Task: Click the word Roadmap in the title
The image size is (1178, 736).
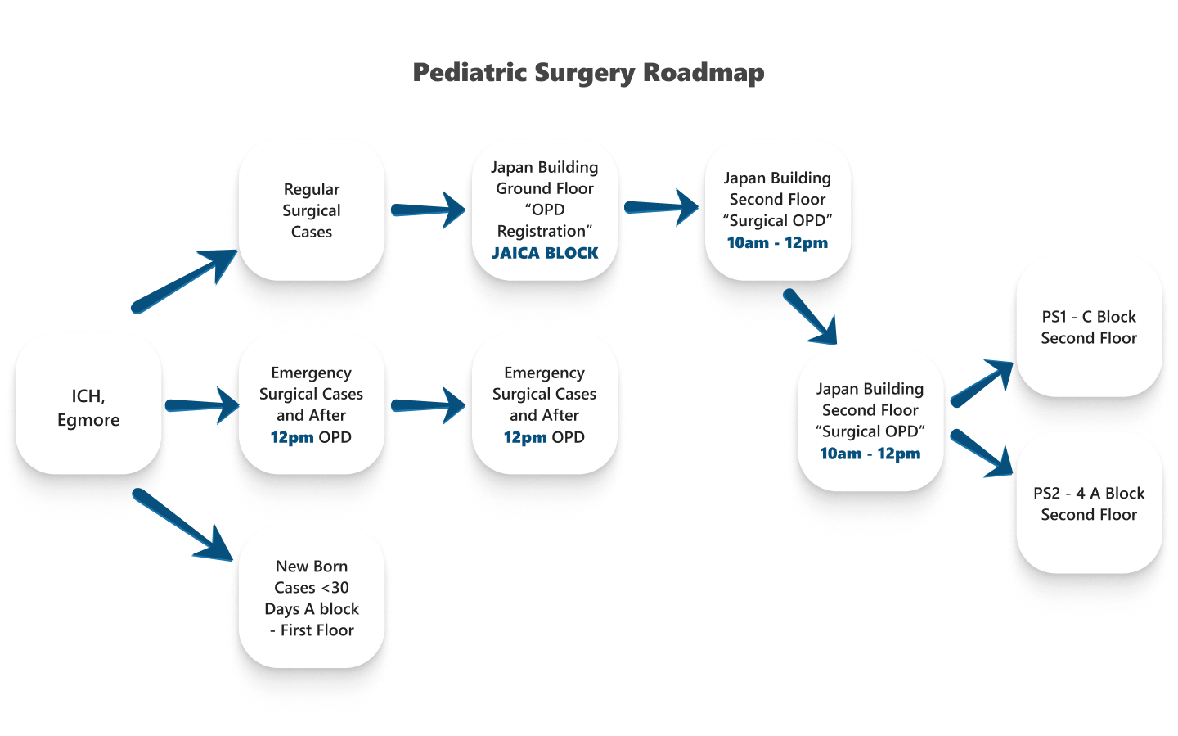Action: point(703,73)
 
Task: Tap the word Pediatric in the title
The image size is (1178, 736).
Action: point(470,73)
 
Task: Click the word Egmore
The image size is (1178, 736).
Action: point(88,420)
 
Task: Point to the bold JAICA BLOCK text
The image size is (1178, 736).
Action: point(545,253)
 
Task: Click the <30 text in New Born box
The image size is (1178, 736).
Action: point(335,588)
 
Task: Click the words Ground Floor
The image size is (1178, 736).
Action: point(545,188)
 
